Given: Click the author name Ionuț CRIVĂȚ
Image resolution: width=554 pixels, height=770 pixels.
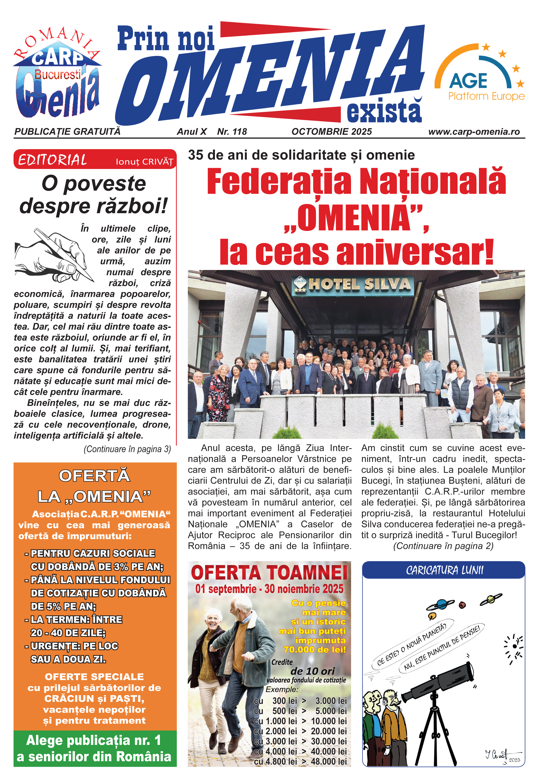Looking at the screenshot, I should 144,162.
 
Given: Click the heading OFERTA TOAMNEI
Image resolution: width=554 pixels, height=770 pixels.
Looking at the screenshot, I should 269,573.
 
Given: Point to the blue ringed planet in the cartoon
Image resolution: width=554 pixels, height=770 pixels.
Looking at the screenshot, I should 441,605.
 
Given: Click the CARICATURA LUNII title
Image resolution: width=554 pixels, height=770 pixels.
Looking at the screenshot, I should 444,570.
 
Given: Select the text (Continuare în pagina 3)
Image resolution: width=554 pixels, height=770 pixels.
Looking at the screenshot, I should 127,449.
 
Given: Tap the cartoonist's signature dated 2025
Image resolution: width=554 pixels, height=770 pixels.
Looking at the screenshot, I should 502,756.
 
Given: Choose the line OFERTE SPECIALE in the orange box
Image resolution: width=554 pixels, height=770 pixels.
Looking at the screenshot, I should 94,677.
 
